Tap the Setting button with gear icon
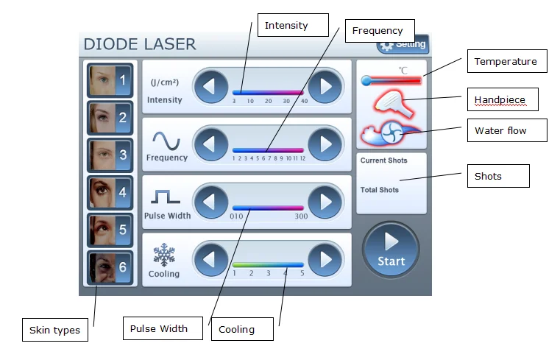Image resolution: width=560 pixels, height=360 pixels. coord(403,44)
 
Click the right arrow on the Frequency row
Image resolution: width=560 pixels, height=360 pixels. coord(325,144)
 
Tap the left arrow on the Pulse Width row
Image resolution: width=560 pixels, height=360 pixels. coord(210,201)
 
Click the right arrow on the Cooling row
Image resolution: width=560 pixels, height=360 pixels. coord(325,258)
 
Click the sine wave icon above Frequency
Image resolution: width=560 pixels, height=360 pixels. coord(166,139)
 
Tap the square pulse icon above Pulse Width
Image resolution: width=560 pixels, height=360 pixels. coord(166,197)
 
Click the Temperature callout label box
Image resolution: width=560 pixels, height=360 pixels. coord(507,62)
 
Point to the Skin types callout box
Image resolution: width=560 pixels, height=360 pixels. coord(54,330)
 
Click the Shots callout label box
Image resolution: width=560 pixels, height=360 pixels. coord(497,176)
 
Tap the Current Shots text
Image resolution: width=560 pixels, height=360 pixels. coord(383,160)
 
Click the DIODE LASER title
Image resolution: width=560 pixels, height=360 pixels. coord(140,44)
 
